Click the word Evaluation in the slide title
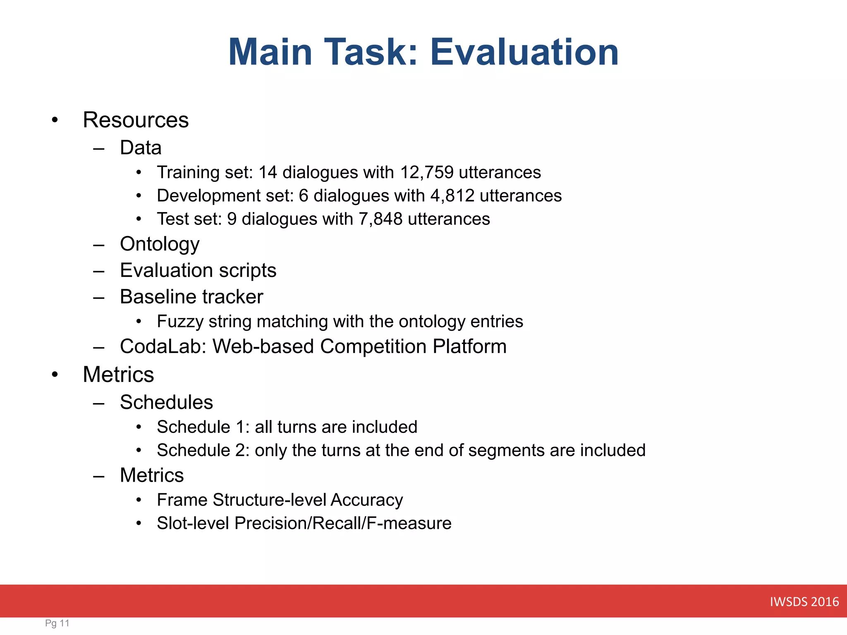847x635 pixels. [x=524, y=52]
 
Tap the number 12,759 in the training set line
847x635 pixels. [x=426, y=172]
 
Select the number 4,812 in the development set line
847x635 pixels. [x=452, y=196]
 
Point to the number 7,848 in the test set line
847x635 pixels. [x=380, y=219]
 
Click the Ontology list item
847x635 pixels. [x=160, y=244]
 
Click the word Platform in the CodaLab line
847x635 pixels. [x=469, y=346]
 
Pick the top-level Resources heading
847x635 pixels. [x=136, y=120]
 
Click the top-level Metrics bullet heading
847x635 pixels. [x=118, y=375]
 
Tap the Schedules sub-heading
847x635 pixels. [x=166, y=402]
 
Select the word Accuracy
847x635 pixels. [x=366, y=500]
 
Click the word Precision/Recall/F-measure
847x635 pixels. [x=342, y=523]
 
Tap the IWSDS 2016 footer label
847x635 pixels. [x=804, y=602]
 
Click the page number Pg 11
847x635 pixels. [x=57, y=623]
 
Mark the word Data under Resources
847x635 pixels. [x=141, y=148]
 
